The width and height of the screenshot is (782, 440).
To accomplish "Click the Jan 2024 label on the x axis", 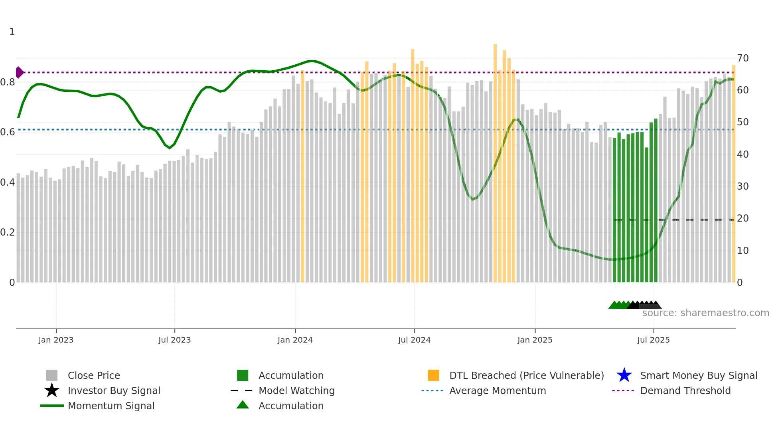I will coord(295,340).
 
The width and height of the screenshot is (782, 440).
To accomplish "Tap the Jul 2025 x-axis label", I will coord(653,340).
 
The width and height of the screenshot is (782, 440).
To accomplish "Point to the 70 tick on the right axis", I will coord(743,58).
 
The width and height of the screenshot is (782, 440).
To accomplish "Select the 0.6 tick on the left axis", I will coord(8,132).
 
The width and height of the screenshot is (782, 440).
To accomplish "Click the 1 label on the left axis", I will coord(12,32).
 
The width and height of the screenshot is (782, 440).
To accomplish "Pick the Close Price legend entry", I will coord(94,375).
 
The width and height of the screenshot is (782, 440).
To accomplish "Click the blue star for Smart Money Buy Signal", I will coord(624,375).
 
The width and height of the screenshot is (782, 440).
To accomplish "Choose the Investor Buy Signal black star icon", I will coord(52,390).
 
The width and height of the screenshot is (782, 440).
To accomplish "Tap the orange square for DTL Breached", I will coord(433,375).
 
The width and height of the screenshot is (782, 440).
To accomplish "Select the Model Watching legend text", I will coord(296,390).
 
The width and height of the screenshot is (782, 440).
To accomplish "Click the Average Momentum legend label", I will coord(498,390).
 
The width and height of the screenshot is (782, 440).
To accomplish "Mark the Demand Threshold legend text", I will coord(685,390).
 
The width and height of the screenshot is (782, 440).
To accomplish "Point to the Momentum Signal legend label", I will coord(111,406).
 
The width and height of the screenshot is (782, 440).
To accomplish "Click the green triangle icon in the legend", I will coord(243,405).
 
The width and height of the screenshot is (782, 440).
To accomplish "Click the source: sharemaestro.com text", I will coord(705,313).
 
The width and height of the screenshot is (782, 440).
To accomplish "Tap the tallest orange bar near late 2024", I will coord(495,160).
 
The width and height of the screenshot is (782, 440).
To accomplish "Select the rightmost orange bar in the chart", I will coord(733,172).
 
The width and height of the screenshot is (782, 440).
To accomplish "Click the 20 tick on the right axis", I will coord(743,218).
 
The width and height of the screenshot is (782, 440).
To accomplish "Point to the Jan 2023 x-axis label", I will coord(56,340).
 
